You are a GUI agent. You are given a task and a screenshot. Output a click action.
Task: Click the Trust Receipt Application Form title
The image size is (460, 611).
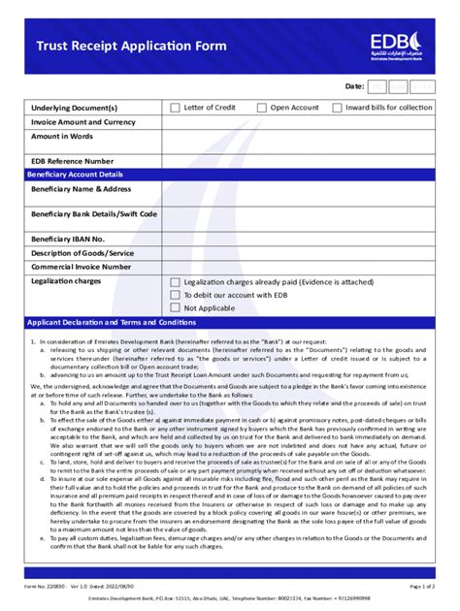click(x=131, y=46)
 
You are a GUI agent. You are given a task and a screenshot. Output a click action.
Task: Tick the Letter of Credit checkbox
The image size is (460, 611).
click(x=176, y=108)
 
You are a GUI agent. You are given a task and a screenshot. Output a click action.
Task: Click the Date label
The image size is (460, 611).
click(x=354, y=86)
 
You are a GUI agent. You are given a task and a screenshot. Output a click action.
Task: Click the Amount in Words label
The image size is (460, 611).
click(x=67, y=139)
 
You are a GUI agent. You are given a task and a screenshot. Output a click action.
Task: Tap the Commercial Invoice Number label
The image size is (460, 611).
click(x=81, y=266)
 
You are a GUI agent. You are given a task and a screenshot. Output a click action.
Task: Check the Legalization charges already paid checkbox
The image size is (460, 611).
click(x=176, y=282)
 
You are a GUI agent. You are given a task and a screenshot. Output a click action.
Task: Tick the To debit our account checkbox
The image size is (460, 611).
click(x=176, y=295)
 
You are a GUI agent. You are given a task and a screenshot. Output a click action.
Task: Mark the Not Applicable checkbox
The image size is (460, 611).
click(x=176, y=307)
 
